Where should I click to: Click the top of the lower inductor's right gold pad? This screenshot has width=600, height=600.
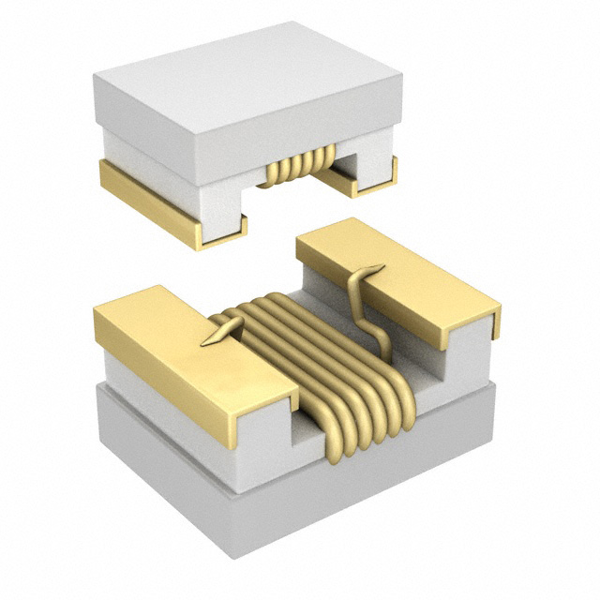(394, 272)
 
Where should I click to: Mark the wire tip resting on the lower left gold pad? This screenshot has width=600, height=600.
(220, 334)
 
